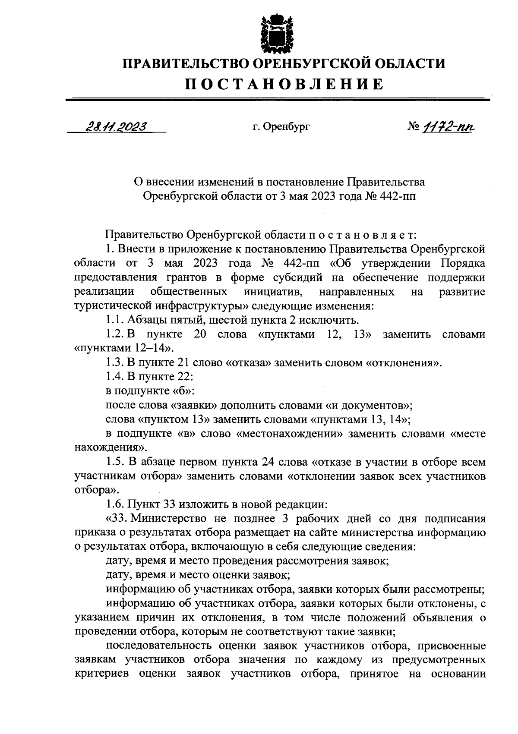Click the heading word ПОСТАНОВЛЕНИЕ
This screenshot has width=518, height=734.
tap(284, 84)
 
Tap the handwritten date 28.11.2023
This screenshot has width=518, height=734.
tap(116, 126)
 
